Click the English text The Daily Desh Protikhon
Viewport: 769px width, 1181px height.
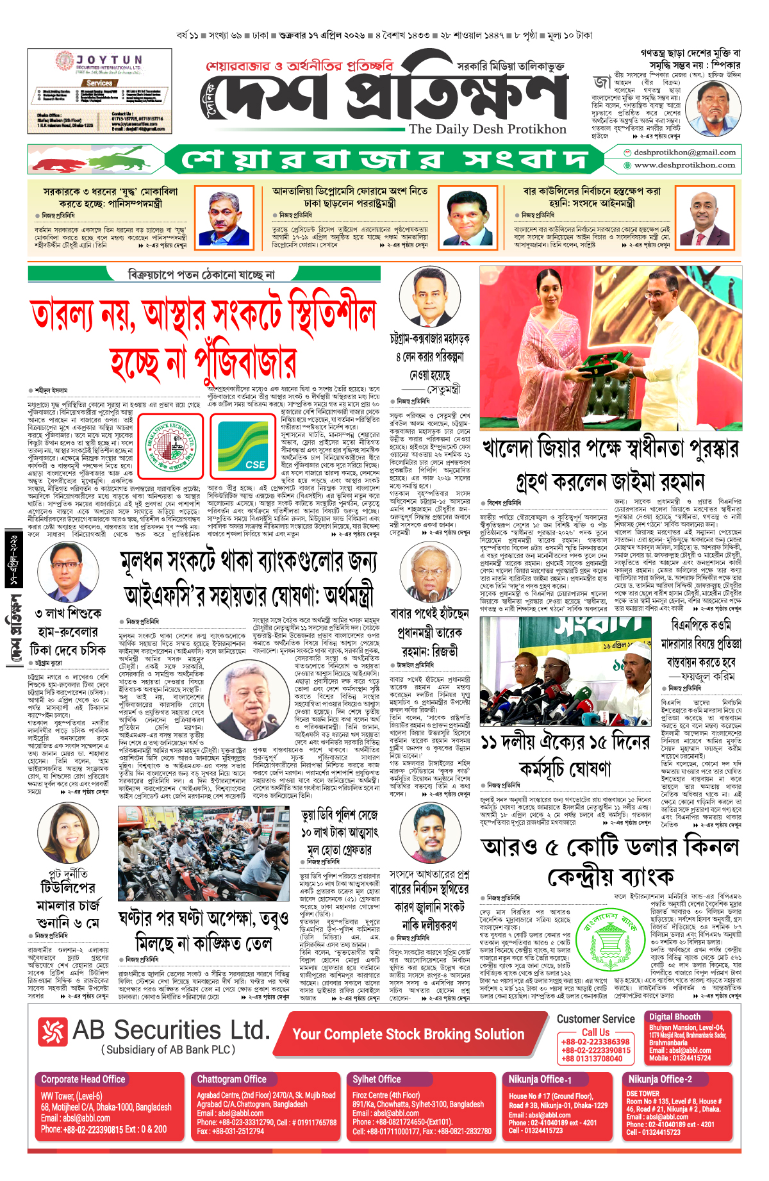click(487, 129)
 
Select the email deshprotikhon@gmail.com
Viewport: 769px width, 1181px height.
click(684, 153)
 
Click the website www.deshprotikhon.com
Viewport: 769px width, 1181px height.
click(684, 165)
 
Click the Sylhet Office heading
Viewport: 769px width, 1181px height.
click(376, 1079)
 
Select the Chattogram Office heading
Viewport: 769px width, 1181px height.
click(231, 1079)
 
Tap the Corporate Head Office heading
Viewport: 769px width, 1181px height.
click(83, 1079)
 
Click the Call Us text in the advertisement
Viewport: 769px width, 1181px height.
click(595, 1032)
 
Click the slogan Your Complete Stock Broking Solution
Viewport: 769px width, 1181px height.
click(408, 1034)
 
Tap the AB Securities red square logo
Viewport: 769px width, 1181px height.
click(53, 1032)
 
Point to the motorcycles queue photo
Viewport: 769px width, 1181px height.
click(203, 854)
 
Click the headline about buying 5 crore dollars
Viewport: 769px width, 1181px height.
click(610, 861)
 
